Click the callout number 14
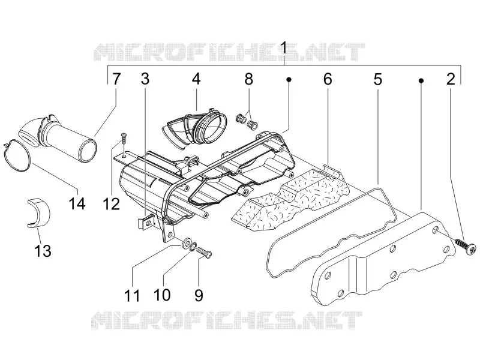point(77,203)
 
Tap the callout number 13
point(43,251)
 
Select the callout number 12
point(111,203)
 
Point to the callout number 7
point(116,79)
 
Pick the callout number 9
point(199,295)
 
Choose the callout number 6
point(328,79)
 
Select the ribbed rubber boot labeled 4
point(195,127)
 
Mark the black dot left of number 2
point(421,80)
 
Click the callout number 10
point(162,295)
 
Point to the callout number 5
point(378,79)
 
